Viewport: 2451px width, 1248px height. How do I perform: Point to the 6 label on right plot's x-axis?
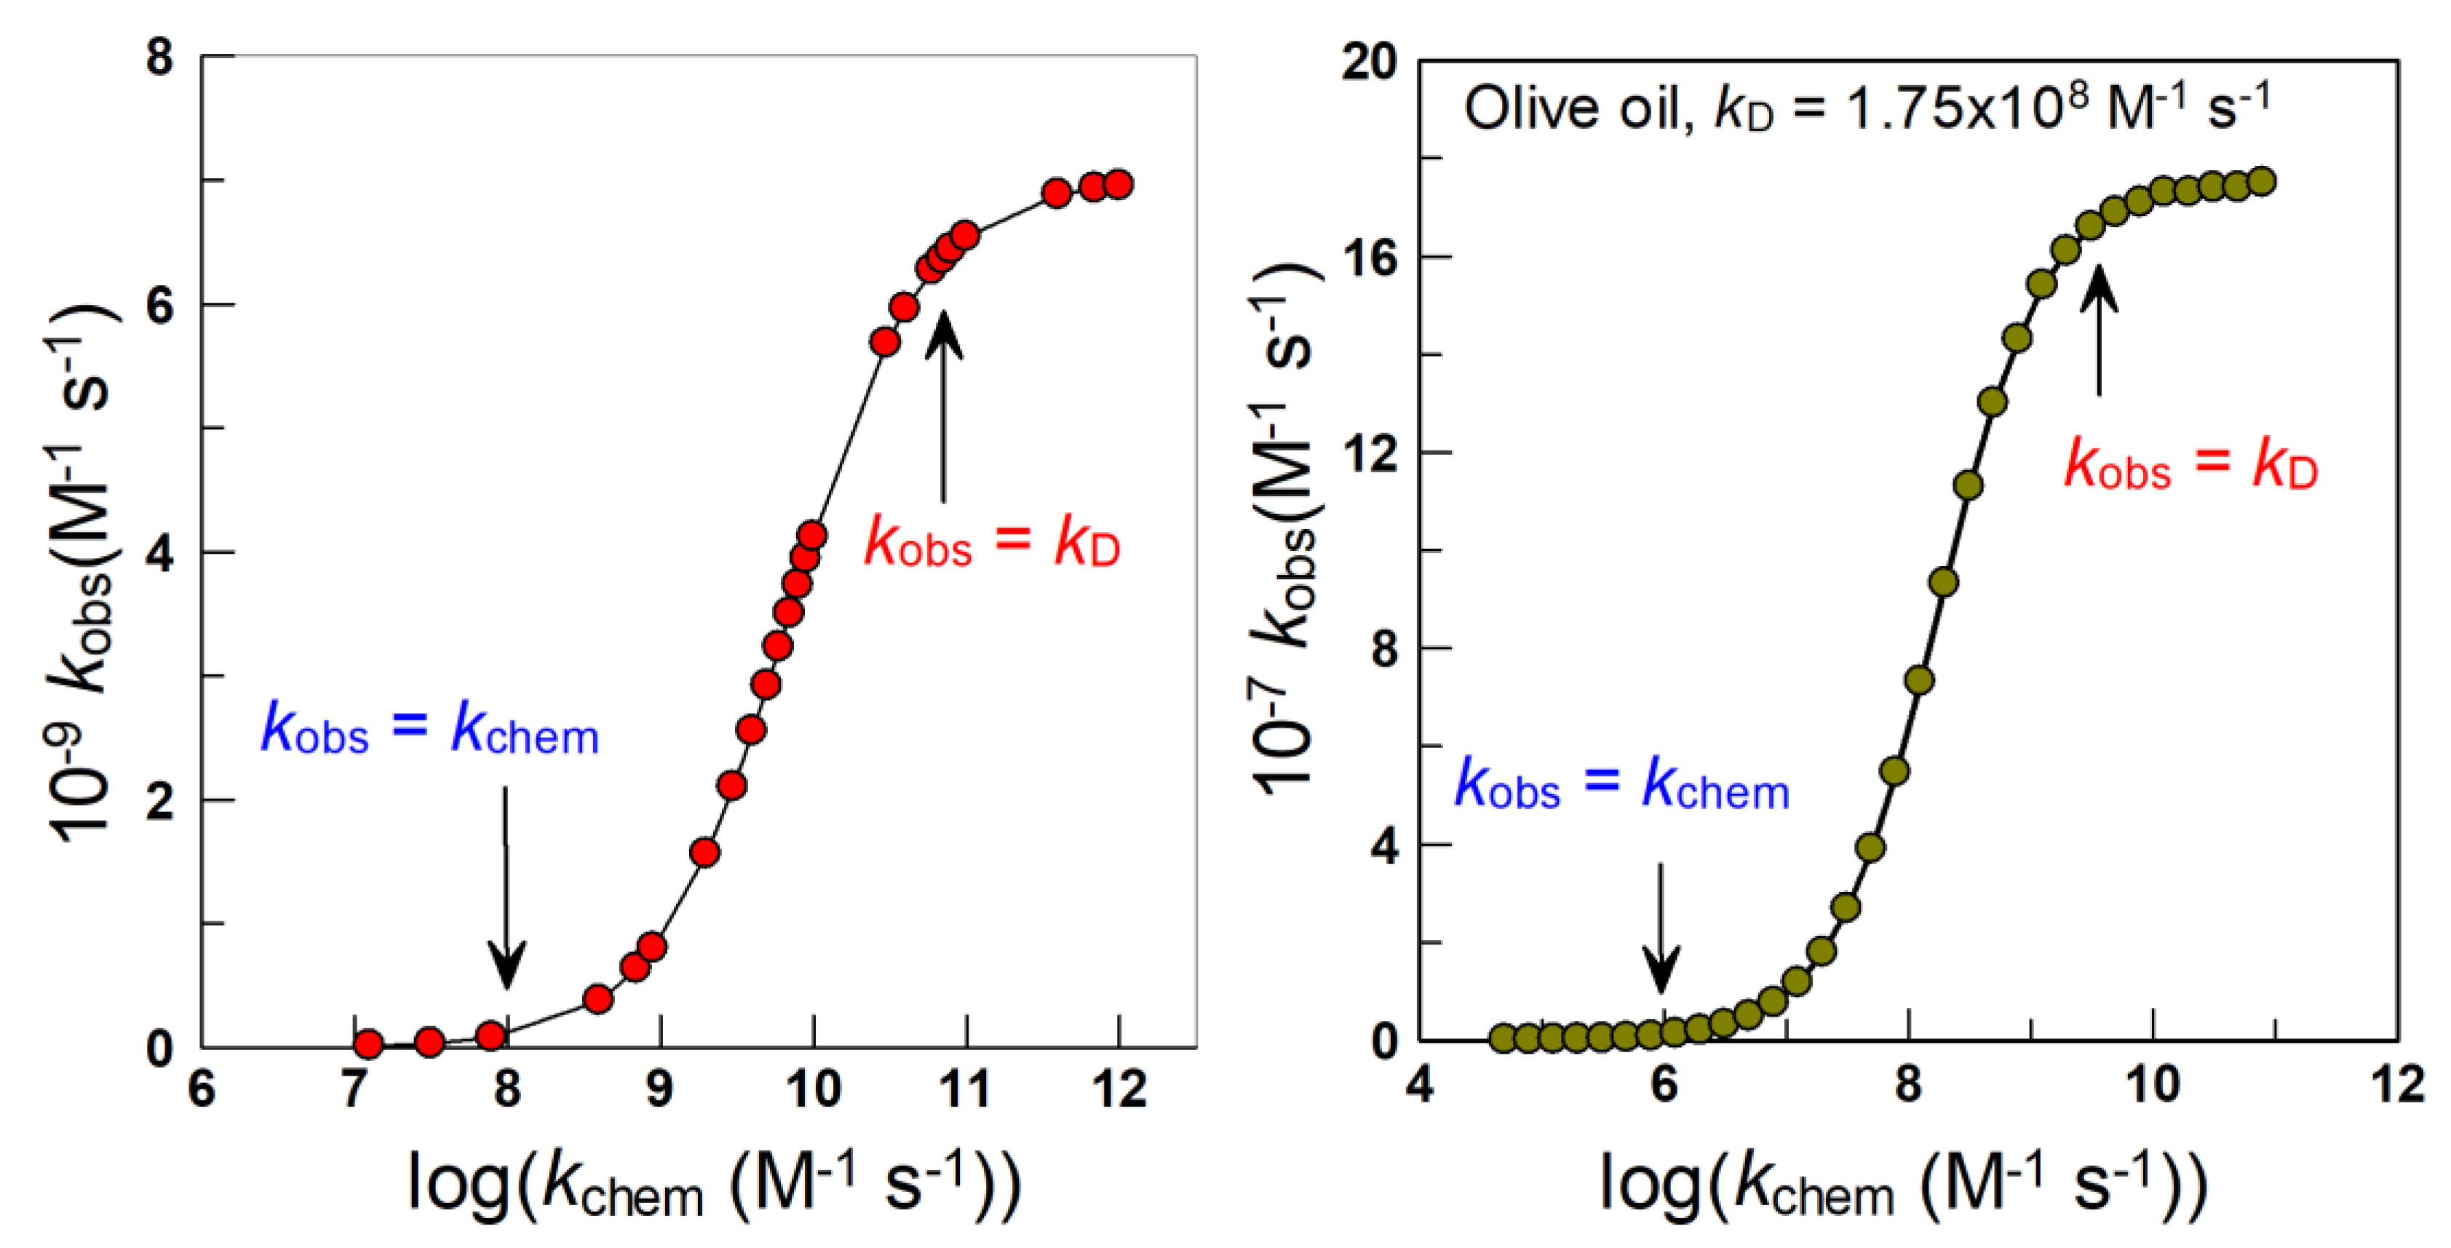point(1663,1084)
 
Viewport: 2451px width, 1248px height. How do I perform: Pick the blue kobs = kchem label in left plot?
point(430,730)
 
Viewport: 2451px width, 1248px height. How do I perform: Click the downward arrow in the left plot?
point(507,889)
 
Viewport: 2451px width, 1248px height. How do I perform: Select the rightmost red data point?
point(1119,183)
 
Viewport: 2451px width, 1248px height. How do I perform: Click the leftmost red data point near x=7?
point(368,1044)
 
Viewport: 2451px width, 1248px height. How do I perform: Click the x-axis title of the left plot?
point(714,1184)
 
